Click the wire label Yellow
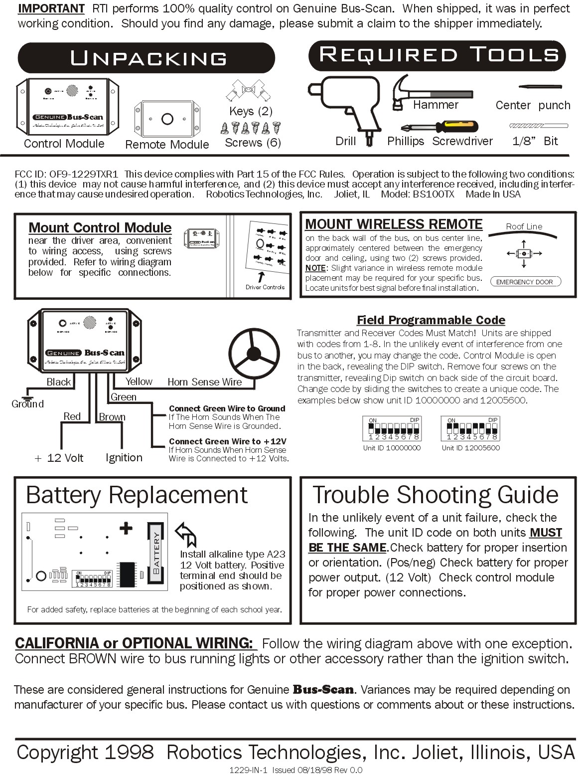(139, 382)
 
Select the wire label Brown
(112, 417)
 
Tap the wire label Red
(72, 416)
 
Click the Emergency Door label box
(525, 282)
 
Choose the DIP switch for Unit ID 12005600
(470, 429)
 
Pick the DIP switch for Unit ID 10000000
(391, 429)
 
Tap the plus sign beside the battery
(126, 528)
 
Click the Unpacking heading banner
(147, 58)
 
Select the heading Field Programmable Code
(431, 320)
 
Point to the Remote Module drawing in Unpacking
(167, 119)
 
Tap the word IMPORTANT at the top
(51, 8)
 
